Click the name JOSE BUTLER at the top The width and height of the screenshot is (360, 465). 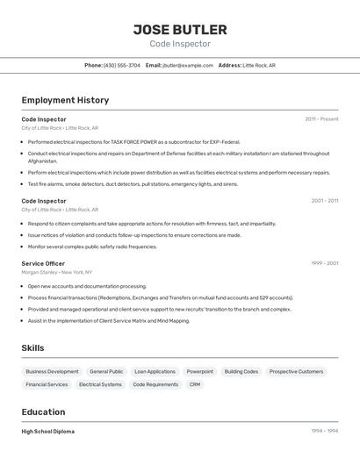click(x=180, y=29)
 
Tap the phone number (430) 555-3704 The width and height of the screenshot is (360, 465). click(x=121, y=65)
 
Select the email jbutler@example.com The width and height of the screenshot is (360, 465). click(x=188, y=65)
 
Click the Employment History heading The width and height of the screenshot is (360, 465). click(x=65, y=100)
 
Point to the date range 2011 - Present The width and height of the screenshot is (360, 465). click(x=321, y=118)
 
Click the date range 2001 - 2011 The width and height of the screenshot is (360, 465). click(x=324, y=200)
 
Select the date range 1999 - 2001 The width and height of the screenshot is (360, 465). click(x=324, y=262)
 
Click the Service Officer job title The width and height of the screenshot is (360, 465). click(x=43, y=263)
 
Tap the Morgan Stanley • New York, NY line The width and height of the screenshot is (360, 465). click(x=57, y=272)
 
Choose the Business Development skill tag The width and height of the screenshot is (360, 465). click(x=52, y=371)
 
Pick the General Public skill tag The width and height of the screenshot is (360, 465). click(x=106, y=371)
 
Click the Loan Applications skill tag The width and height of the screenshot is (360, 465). click(x=155, y=371)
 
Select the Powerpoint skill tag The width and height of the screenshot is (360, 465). click(x=199, y=371)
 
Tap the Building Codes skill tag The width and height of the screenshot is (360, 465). click(x=241, y=371)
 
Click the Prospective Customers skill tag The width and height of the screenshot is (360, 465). click(x=296, y=371)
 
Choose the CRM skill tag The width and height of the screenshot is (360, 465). click(x=195, y=384)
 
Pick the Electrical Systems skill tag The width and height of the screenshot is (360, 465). click(x=100, y=384)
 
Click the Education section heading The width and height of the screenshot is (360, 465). click(x=43, y=411)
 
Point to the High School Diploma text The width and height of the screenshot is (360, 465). click(x=48, y=432)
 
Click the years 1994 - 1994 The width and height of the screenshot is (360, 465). click(x=324, y=431)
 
